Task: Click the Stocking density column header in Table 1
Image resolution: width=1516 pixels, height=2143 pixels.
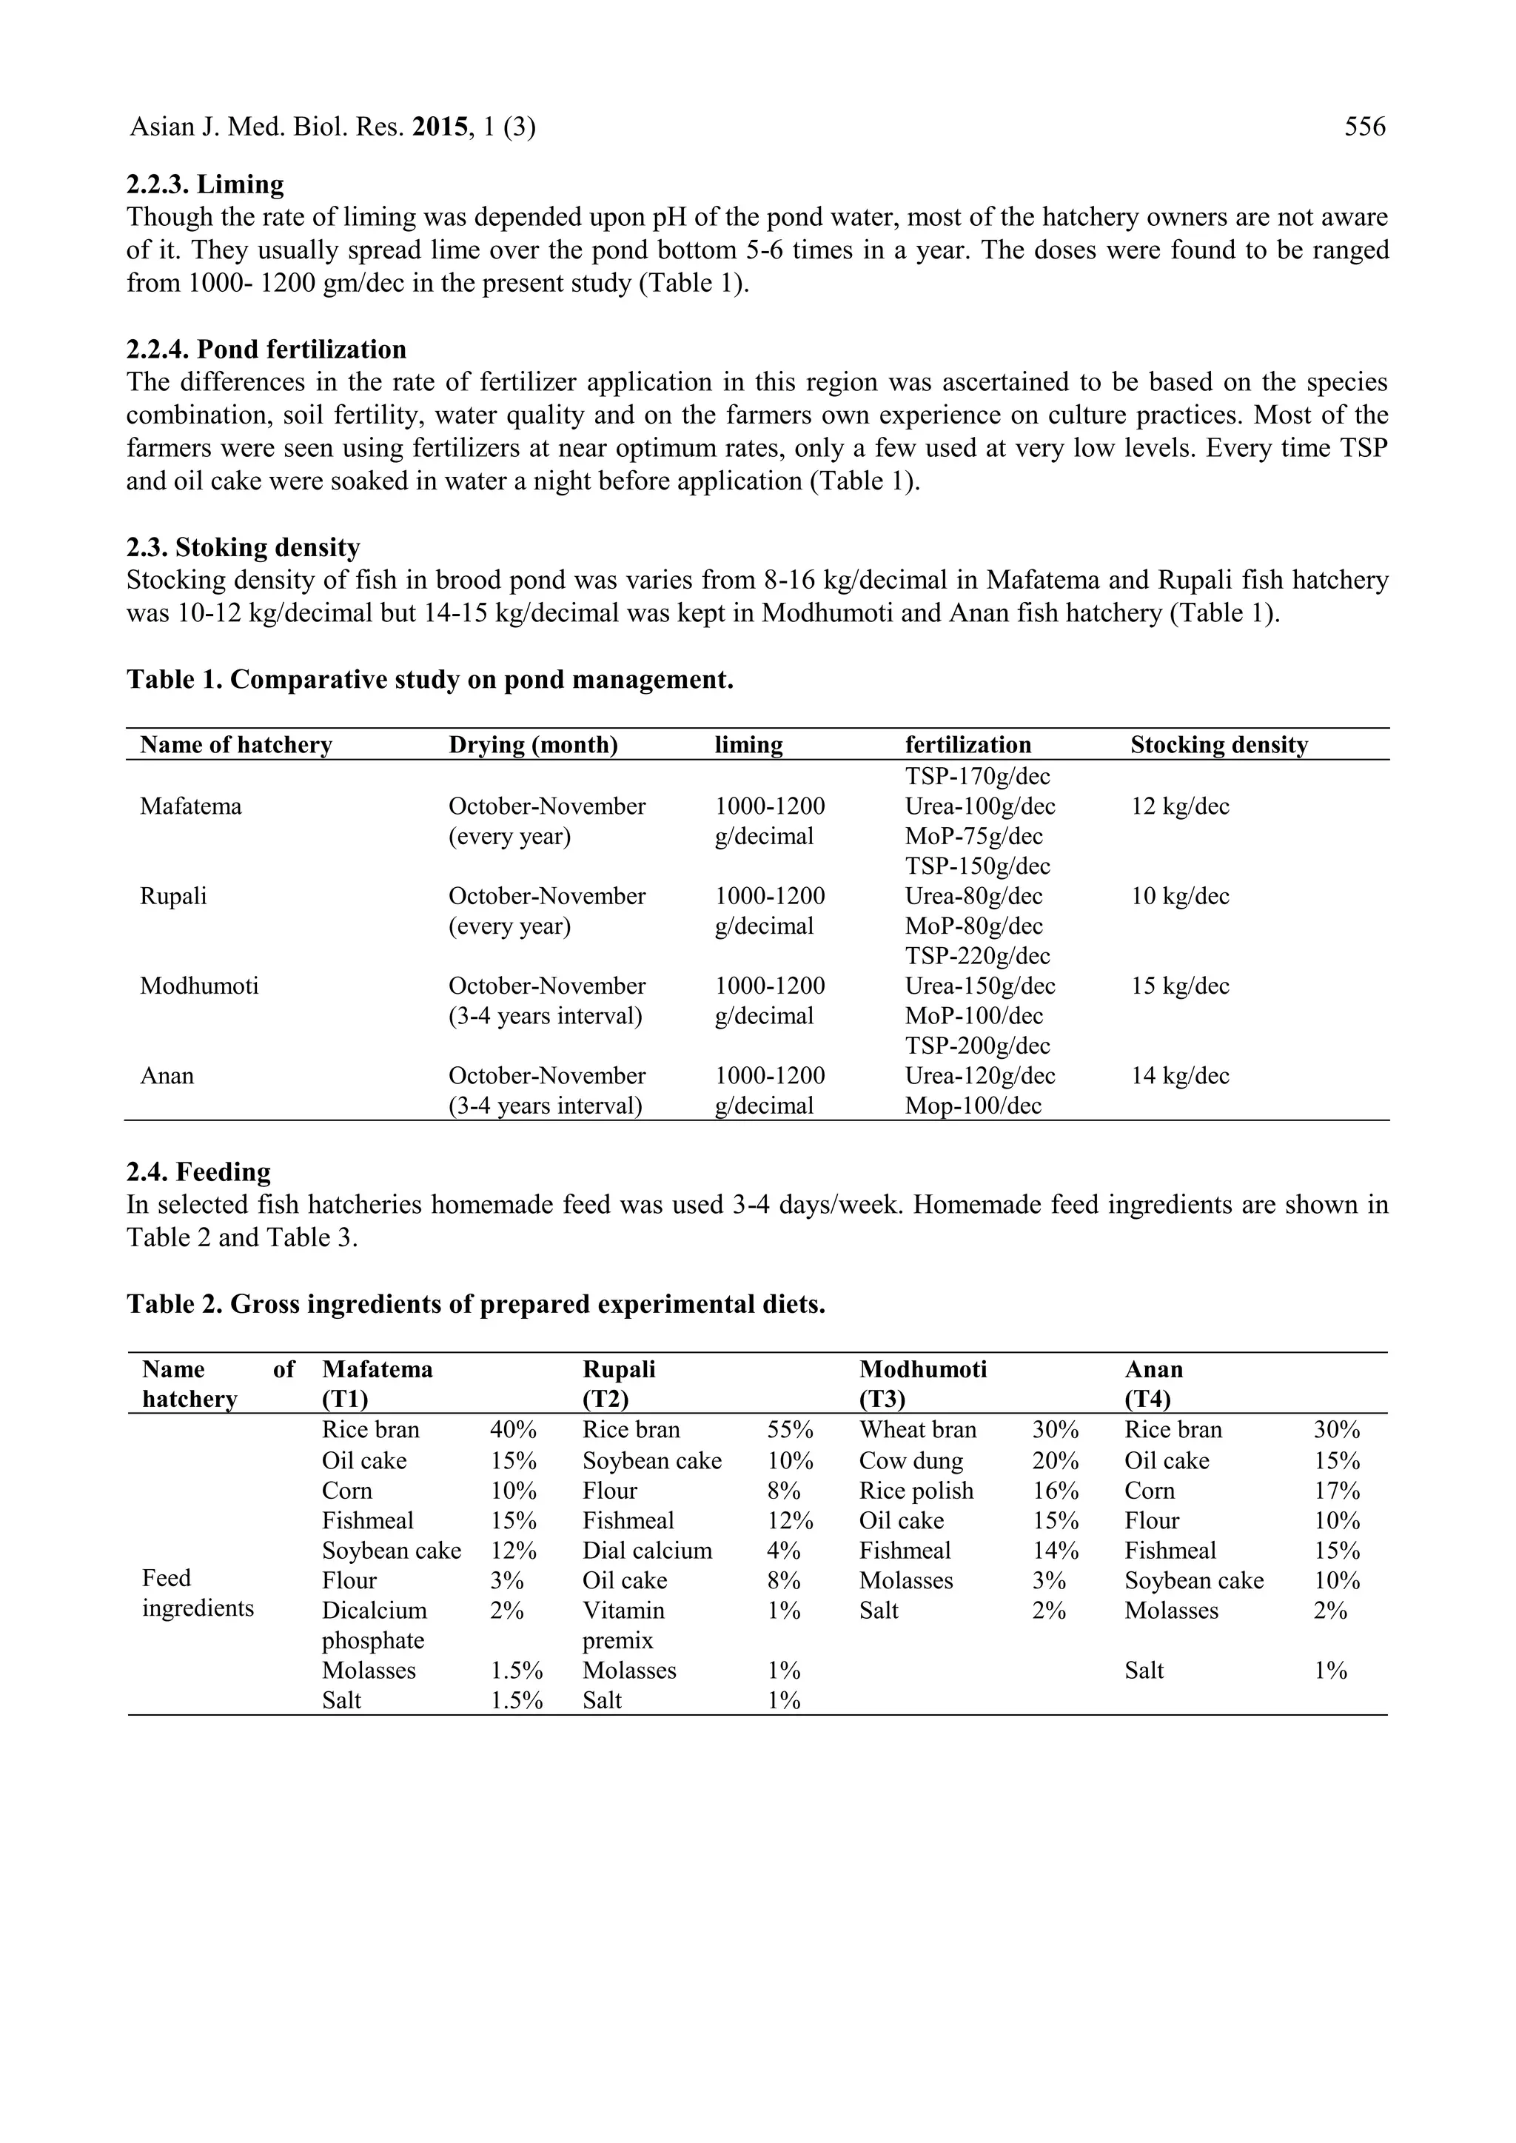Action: pyautogui.click(x=1218, y=744)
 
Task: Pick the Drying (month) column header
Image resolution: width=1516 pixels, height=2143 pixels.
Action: pyautogui.click(x=533, y=744)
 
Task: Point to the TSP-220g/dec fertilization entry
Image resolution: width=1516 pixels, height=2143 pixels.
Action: pyautogui.click(x=976, y=955)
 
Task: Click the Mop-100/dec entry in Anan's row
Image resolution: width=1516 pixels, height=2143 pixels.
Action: pyautogui.click(x=973, y=1106)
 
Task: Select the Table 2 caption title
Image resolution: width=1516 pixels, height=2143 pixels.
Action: pyautogui.click(x=476, y=1303)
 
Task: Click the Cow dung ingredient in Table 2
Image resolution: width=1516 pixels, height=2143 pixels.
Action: pyautogui.click(x=911, y=1460)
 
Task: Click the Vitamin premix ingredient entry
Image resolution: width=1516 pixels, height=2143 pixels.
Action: pyautogui.click(x=623, y=1625)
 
